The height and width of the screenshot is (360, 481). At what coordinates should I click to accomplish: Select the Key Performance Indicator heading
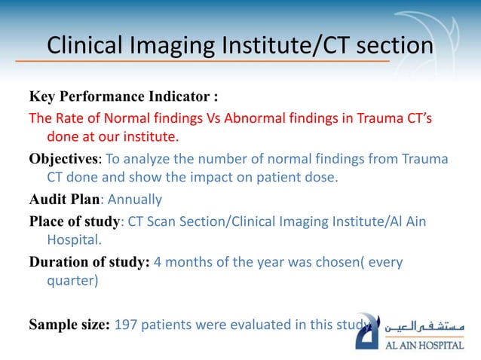click(x=124, y=97)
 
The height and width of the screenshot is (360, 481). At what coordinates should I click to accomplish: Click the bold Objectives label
click(x=63, y=160)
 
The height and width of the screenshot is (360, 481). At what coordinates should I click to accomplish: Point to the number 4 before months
click(x=158, y=263)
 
